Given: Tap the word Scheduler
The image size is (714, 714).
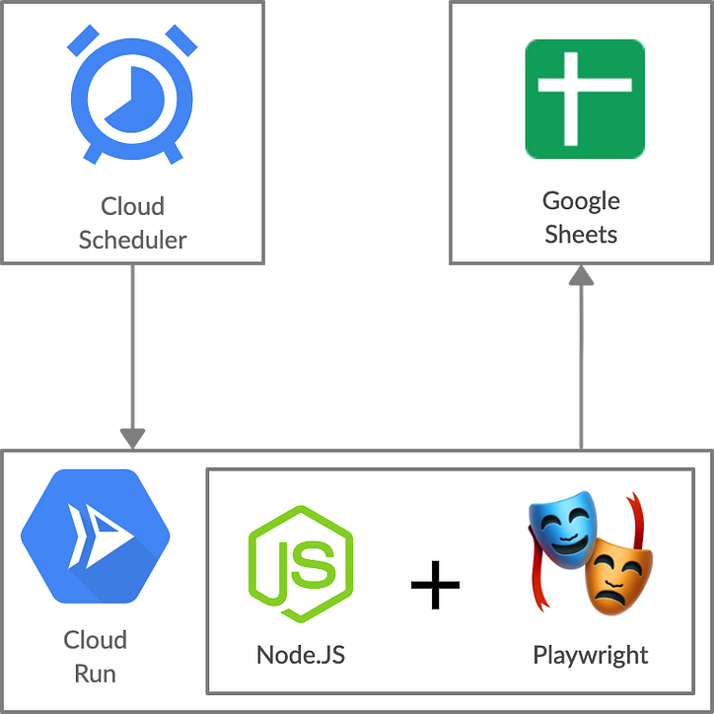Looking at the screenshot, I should click(132, 240).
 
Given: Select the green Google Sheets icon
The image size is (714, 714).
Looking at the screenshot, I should click(584, 99).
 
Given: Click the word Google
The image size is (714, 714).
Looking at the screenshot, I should click(581, 201).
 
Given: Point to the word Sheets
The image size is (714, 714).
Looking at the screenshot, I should click(581, 235).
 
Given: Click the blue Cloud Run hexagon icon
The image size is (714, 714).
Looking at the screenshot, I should click(95, 536).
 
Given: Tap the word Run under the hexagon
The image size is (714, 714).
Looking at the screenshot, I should click(95, 675).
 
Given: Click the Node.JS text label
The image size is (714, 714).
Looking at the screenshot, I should click(301, 655).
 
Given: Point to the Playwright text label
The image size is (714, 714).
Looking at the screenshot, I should click(590, 655).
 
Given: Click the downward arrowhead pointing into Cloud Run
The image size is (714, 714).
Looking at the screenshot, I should click(132, 437).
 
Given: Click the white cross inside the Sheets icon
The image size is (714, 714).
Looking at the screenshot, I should click(584, 99).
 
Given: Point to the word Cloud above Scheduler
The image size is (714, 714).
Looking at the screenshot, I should click(132, 206).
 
